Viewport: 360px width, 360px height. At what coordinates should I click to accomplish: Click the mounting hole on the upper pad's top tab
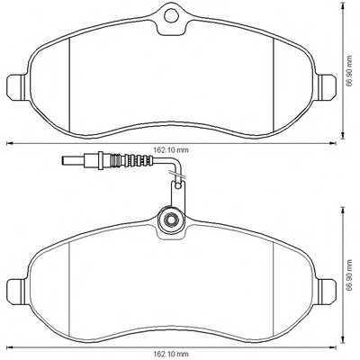click(170, 15)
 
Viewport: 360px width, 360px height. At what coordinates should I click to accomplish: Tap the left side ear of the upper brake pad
click(16, 86)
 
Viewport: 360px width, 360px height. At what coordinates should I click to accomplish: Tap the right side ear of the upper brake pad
click(327, 86)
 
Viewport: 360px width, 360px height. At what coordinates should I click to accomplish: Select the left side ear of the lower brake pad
click(16, 291)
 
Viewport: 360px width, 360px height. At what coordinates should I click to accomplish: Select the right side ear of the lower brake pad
click(327, 291)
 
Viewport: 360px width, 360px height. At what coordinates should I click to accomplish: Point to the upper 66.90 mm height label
click(348, 72)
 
